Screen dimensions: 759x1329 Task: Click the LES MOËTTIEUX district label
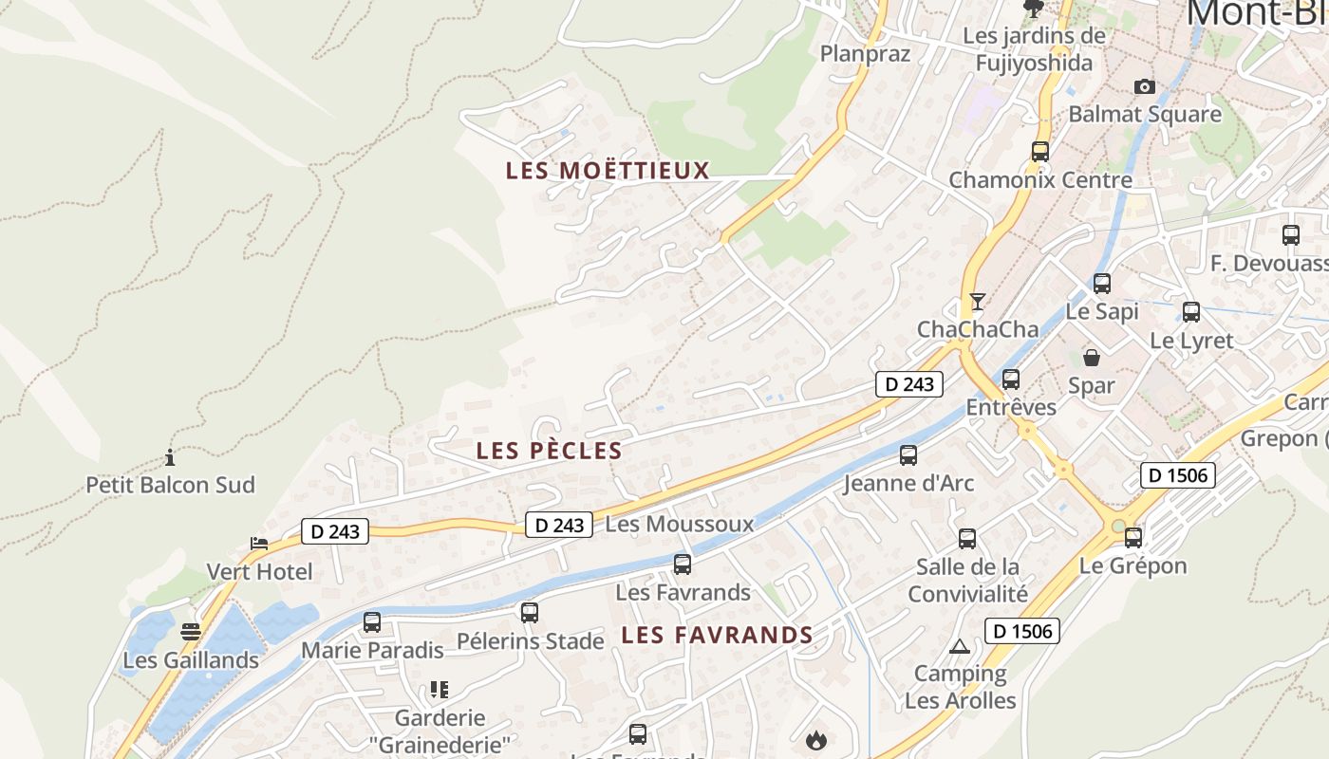[x=608, y=171]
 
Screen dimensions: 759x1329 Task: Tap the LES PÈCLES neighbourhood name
[x=549, y=451]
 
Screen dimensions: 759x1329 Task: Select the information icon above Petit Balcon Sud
[x=170, y=458]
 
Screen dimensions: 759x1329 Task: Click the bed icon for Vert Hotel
[x=259, y=544]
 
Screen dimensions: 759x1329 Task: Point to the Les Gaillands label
[x=191, y=660]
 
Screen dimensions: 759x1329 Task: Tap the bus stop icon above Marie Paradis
[x=372, y=622]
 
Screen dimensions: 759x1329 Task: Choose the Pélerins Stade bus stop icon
[x=530, y=613]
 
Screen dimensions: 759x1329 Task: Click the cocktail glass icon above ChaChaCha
[x=978, y=302]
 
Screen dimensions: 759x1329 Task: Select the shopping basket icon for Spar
[x=1092, y=358]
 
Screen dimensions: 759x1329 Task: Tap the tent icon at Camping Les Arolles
[x=959, y=647]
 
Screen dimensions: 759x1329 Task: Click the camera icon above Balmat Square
[x=1145, y=87]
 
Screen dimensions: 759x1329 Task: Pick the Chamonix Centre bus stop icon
[x=1040, y=151]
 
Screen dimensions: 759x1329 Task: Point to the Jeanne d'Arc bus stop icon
[x=908, y=455]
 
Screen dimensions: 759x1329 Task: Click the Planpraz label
[x=865, y=54]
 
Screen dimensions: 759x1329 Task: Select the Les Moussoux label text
[x=679, y=524]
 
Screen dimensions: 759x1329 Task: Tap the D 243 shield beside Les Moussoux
[x=559, y=525]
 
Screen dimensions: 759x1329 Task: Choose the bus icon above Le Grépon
[x=1133, y=538]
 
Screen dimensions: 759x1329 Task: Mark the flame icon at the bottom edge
[x=815, y=740]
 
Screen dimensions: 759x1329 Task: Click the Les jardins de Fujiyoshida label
[x=1034, y=49]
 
